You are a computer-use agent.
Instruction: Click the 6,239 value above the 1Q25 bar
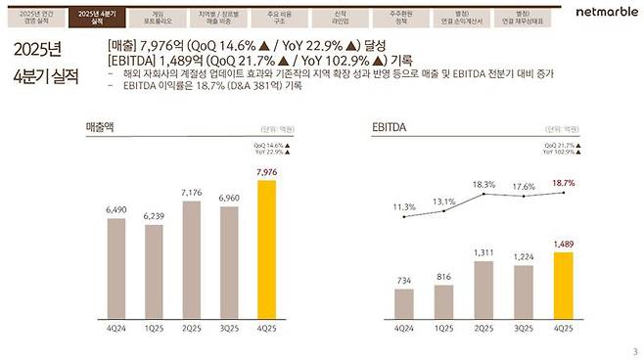tap(153, 216)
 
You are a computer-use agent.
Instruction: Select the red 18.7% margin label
tap(563, 183)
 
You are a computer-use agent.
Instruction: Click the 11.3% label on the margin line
tap(404, 206)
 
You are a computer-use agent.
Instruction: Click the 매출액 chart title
tap(102, 128)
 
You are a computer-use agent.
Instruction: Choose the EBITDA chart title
tap(389, 128)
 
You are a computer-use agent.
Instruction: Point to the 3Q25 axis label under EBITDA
tap(522, 330)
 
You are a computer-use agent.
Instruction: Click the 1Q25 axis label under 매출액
tap(153, 330)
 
